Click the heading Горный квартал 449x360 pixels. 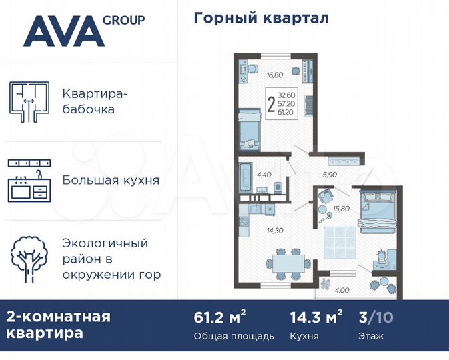click(261, 18)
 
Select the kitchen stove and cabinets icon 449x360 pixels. click(29, 181)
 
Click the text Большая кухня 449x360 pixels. click(110, 180)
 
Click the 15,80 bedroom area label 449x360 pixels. click(332, 209)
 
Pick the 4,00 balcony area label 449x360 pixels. click(341, 290)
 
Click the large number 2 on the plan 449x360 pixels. click(270, 105)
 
